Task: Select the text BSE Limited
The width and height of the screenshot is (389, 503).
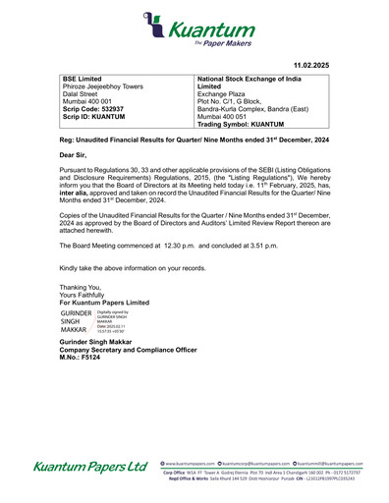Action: click(83, 78)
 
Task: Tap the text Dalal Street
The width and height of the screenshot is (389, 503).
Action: click(81, 93)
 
